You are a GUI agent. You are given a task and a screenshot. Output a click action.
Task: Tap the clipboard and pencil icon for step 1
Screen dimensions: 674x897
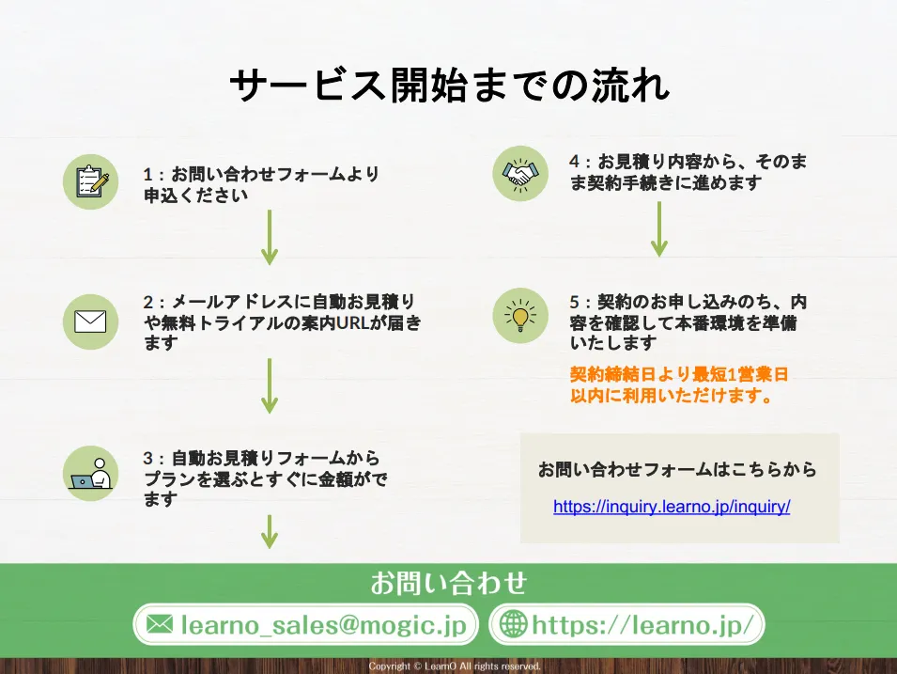click(x=91, y=181)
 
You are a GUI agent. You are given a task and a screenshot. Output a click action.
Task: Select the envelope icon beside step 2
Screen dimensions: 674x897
click(x=91, y=321)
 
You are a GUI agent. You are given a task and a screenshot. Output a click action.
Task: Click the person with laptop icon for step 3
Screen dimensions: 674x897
click(x=91, y=473)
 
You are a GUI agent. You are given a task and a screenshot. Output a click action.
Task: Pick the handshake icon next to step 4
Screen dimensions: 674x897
click(x=519, y=173)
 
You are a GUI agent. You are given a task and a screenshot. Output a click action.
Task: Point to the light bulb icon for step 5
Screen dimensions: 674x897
click(x=519, y=316)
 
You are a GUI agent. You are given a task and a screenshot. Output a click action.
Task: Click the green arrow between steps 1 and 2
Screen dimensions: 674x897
click(x=270, y=237)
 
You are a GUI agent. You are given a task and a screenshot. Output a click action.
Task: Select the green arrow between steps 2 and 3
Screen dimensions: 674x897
click(x=270, y=385)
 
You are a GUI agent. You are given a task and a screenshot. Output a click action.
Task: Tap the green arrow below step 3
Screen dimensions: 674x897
click(x=270, y=531)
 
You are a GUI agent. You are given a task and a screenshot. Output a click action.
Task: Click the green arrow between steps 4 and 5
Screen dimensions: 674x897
click(x=659, y=228)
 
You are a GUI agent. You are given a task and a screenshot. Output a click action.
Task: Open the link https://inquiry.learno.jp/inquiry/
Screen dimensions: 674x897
click(x=672, y=507)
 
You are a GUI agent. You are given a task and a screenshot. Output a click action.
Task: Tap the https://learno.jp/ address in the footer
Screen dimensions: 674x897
click(x=642, y=624)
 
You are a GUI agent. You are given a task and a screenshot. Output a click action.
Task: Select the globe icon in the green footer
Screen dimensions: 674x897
click(x=513, y=624)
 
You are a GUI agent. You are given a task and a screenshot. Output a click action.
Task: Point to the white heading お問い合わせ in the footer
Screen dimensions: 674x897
click(x=448, y=583)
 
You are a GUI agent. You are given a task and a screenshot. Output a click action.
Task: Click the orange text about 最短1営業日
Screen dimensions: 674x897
click(x=678, y=385)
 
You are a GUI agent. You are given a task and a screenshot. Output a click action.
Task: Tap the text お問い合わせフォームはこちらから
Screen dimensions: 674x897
click(x=677, y=469)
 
